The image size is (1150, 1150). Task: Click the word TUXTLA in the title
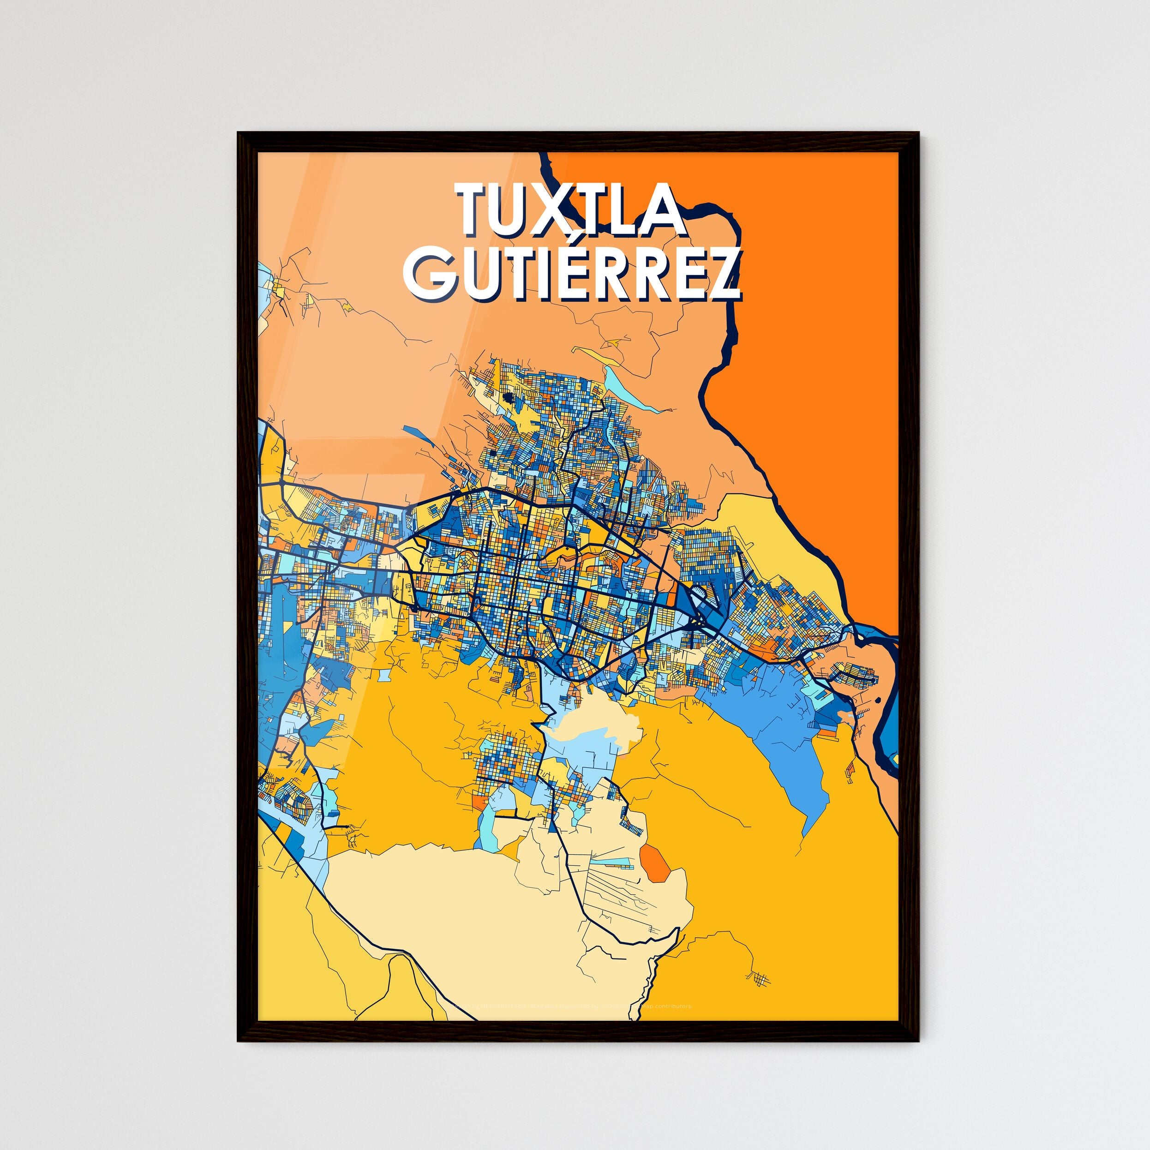click(x=570, y=209)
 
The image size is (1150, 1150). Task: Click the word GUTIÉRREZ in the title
click(x=572, y=274)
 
